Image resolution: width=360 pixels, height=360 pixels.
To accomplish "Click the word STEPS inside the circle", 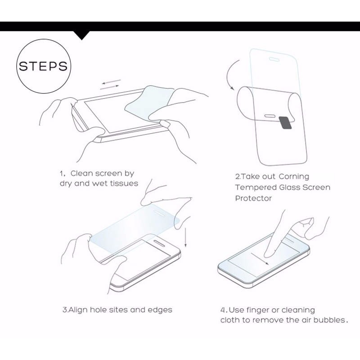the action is point(43,66).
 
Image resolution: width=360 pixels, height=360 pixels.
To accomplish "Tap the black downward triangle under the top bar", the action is point(82,35).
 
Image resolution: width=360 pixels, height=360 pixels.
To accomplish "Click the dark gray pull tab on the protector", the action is point(285,122).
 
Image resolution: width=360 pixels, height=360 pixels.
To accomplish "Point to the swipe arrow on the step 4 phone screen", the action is point(260,259).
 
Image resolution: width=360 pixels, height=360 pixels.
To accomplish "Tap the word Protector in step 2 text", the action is point(253,198).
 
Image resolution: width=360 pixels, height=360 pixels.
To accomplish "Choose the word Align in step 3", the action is point(78,310).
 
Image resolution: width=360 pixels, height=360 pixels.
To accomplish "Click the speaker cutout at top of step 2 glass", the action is point(274,59).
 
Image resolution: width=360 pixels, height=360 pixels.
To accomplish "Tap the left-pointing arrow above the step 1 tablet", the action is point(112,82).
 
